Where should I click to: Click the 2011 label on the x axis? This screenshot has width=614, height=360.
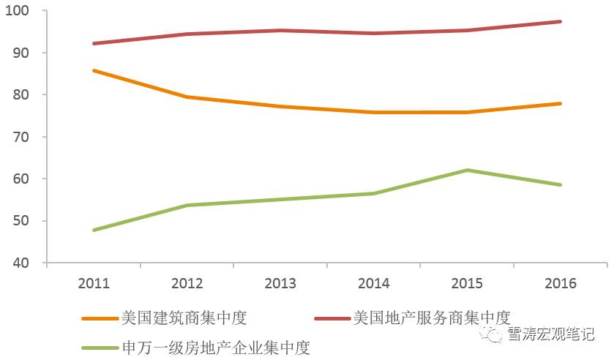94,283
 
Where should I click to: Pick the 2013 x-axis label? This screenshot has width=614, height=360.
280,283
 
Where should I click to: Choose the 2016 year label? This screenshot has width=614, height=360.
561,283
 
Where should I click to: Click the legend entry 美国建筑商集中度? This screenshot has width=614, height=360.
184,318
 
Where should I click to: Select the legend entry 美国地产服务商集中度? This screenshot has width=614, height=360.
431,318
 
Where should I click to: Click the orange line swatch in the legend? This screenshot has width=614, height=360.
99,319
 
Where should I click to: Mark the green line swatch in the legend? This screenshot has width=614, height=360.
99,348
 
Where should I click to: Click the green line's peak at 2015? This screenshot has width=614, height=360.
467,170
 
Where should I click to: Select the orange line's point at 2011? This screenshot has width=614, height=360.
94,70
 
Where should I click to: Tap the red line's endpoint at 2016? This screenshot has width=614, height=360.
561,22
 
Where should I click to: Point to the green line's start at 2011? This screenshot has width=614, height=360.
94,230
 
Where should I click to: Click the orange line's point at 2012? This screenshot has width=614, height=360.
187,97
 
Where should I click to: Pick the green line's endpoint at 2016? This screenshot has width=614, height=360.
561,185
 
